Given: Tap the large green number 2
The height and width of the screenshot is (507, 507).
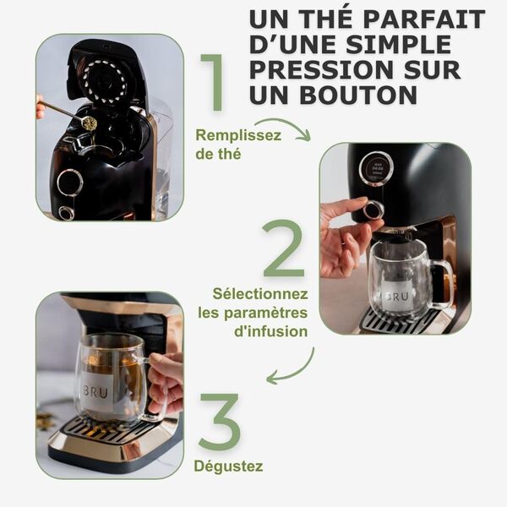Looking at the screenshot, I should tap(284, 249).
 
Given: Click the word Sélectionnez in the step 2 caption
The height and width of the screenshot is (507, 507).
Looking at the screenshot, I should tap(259, 294).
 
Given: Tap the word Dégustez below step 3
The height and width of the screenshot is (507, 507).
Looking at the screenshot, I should tap(228, 466).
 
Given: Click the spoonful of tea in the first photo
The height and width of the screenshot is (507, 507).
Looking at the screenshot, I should tap(87, 123).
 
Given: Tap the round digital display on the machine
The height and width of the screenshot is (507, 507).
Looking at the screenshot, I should tap(375, 168).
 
